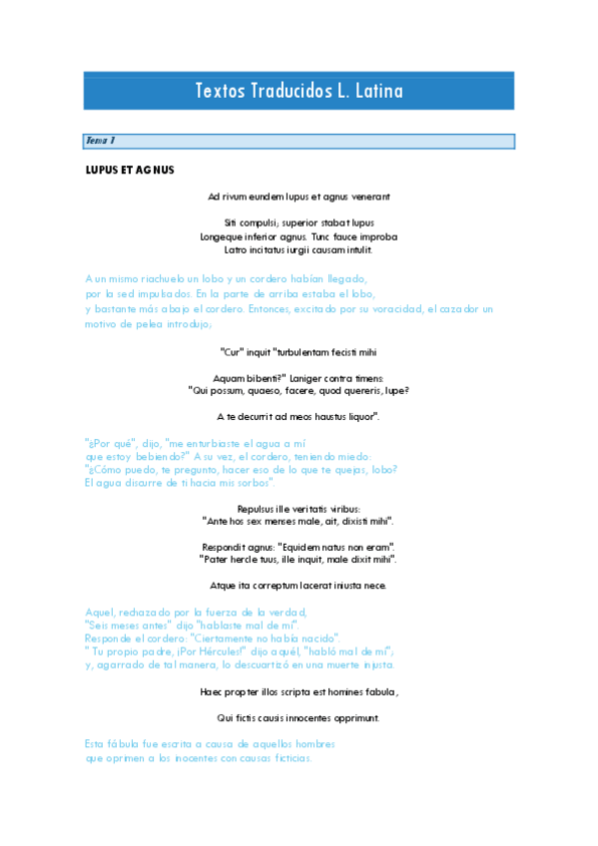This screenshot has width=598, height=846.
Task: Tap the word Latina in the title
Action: [x=378, y=91]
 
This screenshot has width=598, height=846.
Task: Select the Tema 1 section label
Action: [x=101, y=142]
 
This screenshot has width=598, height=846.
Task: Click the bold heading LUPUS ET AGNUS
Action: [x=130, y=170]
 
